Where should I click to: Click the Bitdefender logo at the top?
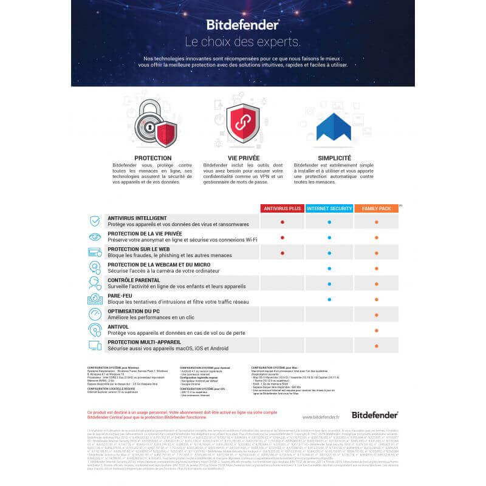(242, 24)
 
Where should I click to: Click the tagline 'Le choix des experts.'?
(242, 42)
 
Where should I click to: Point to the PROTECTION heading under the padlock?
(152, 158)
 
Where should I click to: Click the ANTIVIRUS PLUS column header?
(282, 208)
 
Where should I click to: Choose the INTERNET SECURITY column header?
(329, 208)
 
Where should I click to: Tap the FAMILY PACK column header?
(377, 208)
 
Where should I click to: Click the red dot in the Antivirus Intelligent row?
(282, 222)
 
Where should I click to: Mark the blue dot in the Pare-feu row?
(329, 299)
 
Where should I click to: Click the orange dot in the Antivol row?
(377, 330)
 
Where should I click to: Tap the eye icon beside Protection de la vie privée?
(95, 237)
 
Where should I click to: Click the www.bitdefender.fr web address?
(321, 417)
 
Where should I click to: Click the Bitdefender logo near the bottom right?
(375, 415)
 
